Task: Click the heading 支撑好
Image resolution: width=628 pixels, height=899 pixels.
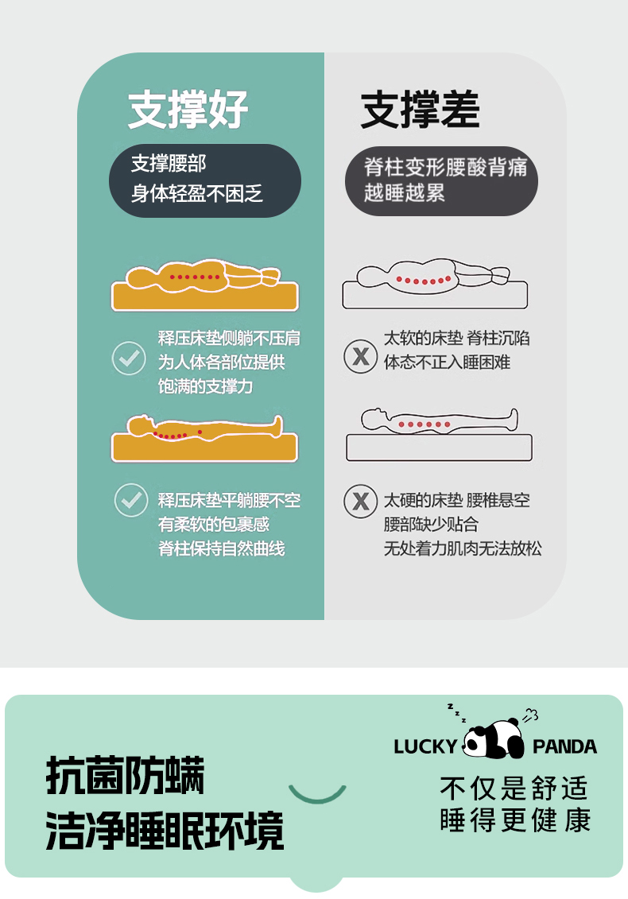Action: (x=188, y=109)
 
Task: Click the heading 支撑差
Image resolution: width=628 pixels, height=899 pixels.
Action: (x=421, y=109)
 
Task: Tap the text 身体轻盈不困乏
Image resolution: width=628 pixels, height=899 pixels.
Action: (x=196, y=194)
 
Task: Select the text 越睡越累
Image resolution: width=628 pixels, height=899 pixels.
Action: (x=405, y=192)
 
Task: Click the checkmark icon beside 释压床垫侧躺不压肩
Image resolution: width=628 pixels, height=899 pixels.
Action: (x=129, y=358)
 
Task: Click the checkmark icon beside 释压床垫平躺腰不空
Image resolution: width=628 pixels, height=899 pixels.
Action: (x=131, y=500)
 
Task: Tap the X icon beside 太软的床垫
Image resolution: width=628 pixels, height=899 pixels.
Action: (x=360, y=357)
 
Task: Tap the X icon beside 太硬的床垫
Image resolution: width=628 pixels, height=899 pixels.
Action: (x=360, y=501)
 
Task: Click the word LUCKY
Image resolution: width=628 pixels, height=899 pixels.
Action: (x=425, y=746)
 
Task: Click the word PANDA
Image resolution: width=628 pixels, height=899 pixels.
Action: (x=565, y=746)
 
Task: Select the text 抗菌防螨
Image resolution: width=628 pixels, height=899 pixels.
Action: (x=125, y=775)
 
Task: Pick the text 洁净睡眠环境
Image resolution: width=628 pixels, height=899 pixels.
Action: (x=165, y=830)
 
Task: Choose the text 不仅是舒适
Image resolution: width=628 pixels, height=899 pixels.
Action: (x=514, y=789)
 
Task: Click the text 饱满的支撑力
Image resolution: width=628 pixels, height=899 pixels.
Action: (x=205, y=386)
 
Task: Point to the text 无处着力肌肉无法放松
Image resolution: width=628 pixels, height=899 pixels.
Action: (x=462, y=548)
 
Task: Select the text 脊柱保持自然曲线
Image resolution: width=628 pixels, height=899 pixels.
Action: (x=221, y=548)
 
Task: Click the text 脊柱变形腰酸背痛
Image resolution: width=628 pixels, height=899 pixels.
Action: (x=446, y=167)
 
